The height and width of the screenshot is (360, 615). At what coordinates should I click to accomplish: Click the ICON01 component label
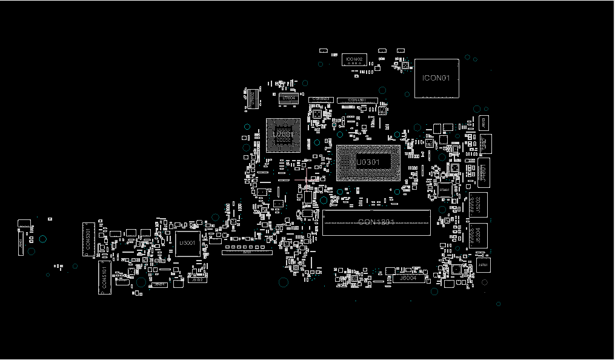(x=436, y=78)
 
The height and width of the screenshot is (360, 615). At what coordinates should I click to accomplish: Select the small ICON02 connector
(x=354, y=59)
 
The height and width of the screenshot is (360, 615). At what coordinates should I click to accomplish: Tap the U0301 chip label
(x=367, y=162)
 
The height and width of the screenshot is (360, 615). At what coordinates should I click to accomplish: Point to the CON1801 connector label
(x=376, y=222)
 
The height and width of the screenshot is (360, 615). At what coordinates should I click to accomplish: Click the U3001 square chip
(x=187, y=243)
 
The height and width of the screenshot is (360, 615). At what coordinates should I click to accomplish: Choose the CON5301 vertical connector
(x=88, y=239)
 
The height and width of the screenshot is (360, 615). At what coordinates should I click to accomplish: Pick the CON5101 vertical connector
(x=105, y=278)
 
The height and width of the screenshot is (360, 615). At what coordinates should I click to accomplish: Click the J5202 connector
(x=478, y=204)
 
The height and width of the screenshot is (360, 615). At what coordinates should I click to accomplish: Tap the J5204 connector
(x=478, y=235)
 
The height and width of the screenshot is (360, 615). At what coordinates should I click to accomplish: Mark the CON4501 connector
(x=357, y=100)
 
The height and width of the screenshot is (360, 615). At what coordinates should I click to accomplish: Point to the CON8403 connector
(x=321, y=99)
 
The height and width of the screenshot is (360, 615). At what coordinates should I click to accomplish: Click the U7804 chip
(x=289, y=98)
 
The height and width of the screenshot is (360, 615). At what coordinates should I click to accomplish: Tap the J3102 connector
(x=197, y=279)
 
